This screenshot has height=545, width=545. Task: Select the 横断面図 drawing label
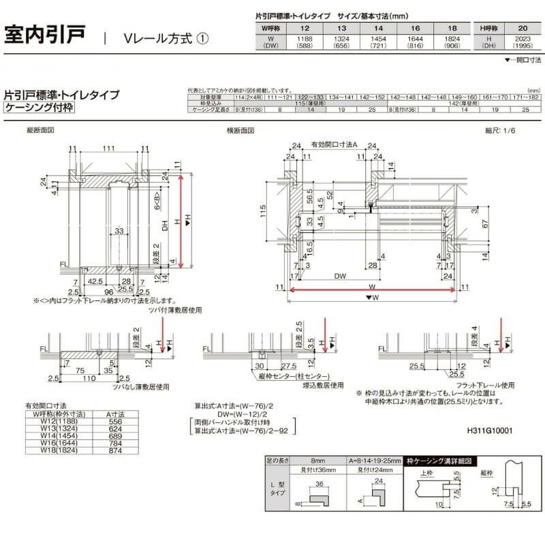pyautogui.click(x=241, y=129)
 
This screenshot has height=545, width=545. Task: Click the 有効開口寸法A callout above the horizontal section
pyautogui.click(x=334, y=145)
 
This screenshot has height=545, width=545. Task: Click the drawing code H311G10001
pyautogui.click(x=490, y=431)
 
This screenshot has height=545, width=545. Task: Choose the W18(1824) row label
pyautogui.click(x=57, y=450)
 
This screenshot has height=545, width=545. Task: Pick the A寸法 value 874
pyautogui.click(x=115, y=450)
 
